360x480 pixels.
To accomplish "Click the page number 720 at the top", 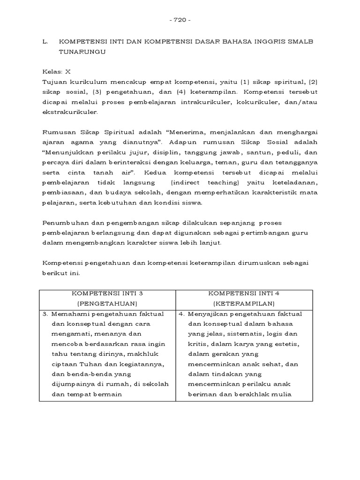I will pyautogui.click(x=180, y=20).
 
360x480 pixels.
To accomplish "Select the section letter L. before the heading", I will pyautogui.click(x=45, y=42).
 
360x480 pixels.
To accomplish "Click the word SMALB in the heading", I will pyautogui.click(x=300, y=42).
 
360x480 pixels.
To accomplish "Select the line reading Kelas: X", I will pyautogui.click(x=57, y=72).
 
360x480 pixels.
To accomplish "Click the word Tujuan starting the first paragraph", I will pyautogui.click(x=55, y=82).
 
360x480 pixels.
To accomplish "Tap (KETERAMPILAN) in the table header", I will pyautogui.click(x=244, y=303).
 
